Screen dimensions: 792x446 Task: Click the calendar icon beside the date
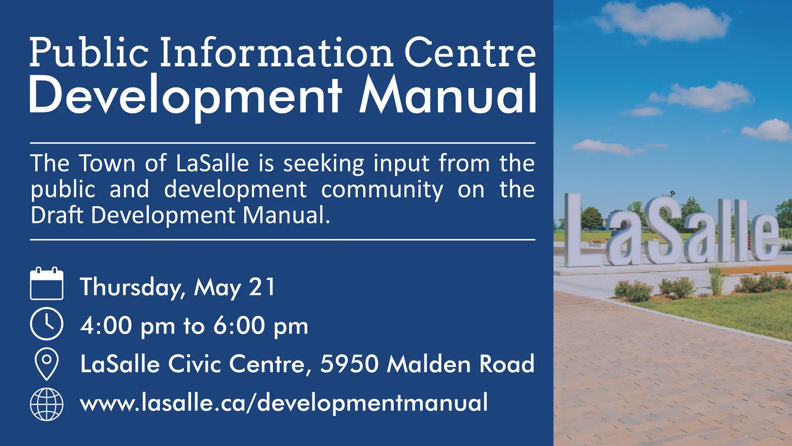tap(47, 284)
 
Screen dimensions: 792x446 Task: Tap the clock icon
tap(47, 324)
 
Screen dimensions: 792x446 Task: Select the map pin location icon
tap(47, 364)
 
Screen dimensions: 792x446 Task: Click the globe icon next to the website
tap(47, 404)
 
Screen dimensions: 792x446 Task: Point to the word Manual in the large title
tap(448, 95)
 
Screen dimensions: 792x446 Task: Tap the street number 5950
tap(349, 364)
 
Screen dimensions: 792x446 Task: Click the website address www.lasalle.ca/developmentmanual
tap(284, 403)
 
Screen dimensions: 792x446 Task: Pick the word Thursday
tap(130, 287)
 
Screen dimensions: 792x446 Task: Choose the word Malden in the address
tap(428, 364)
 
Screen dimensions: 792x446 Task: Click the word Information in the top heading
tap(277, 52)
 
